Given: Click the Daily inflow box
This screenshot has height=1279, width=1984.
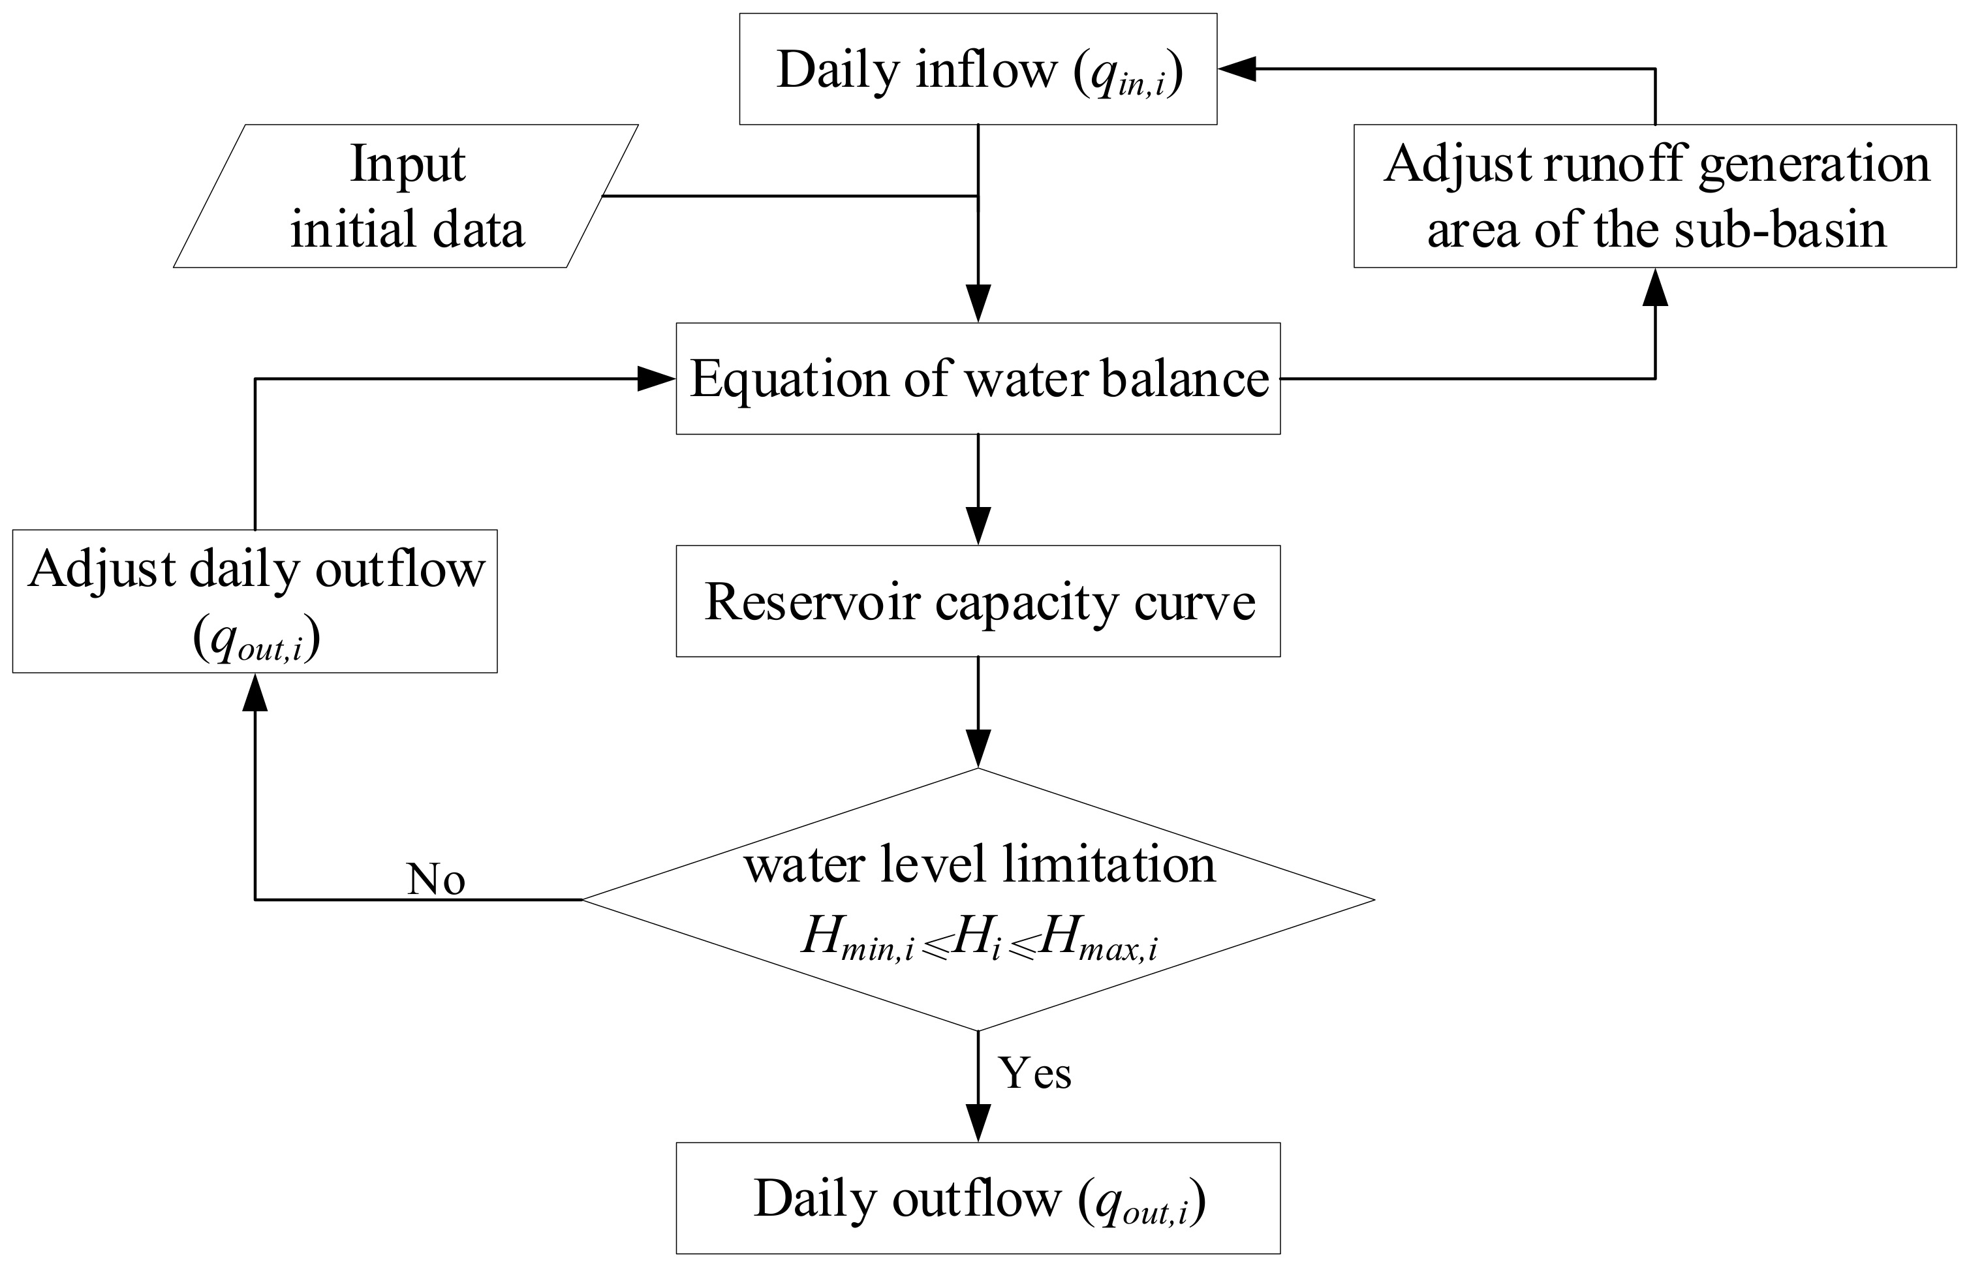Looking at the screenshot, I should click(x=978, y=69).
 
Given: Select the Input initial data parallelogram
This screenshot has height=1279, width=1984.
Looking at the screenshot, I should click(x=406, y=196).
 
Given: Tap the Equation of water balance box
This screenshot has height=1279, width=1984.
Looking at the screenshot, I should click(x=978, y=378).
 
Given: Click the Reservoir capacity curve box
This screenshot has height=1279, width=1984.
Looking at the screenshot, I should click(x=978, y=601).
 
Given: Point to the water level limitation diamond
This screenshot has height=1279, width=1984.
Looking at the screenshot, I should click(x=978, y=899).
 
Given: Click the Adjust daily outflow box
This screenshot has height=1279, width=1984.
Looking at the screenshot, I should click(x=255, y=601).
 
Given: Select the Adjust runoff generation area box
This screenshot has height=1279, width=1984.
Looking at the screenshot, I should click(x=1654, y=196).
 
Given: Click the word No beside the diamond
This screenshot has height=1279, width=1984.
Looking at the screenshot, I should click(x=436, y=880).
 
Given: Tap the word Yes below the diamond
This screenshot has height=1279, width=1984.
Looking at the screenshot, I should click(x=1035, y=1072).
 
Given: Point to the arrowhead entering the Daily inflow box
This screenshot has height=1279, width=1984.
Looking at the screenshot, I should click(x=1237, y=70).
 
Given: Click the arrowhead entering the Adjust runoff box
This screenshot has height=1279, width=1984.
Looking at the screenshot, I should click(x=1655, y=286).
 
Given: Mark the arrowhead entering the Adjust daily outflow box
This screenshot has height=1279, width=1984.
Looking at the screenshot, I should click(x=255, y=692).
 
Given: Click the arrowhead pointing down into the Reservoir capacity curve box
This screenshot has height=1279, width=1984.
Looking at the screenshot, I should click(x=978, y=527).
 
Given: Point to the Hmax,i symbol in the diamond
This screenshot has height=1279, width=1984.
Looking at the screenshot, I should click(x=1098, y=938).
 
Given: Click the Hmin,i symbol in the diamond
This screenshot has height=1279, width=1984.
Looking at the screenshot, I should click(x=858, y=938).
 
